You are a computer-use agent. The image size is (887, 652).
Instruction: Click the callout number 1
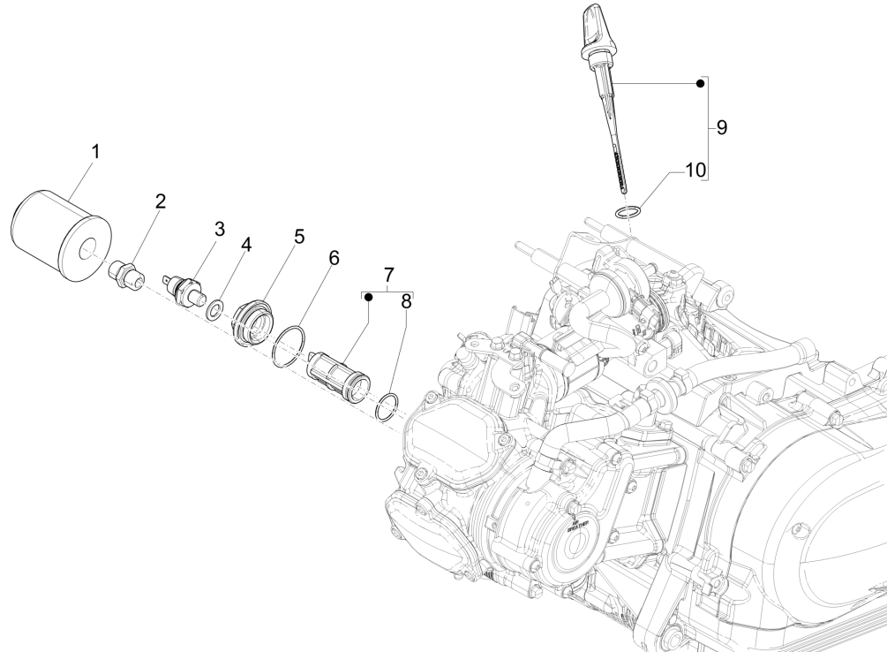point(94,151)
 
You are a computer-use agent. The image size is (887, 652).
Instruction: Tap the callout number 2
point(160,201)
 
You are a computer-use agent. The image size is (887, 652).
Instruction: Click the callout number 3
point(219,229)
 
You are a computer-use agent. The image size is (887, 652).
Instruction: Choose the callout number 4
point(246,246)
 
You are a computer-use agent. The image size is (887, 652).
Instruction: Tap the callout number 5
point(299,237)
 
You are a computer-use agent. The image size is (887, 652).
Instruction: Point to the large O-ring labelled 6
point(289,345)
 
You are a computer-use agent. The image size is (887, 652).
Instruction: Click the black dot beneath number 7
point(370,298)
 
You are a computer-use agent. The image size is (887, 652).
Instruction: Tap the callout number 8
point(406,301)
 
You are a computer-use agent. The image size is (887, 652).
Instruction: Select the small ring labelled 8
point(386,407)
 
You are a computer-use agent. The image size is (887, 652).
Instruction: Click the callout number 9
point(721,127)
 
